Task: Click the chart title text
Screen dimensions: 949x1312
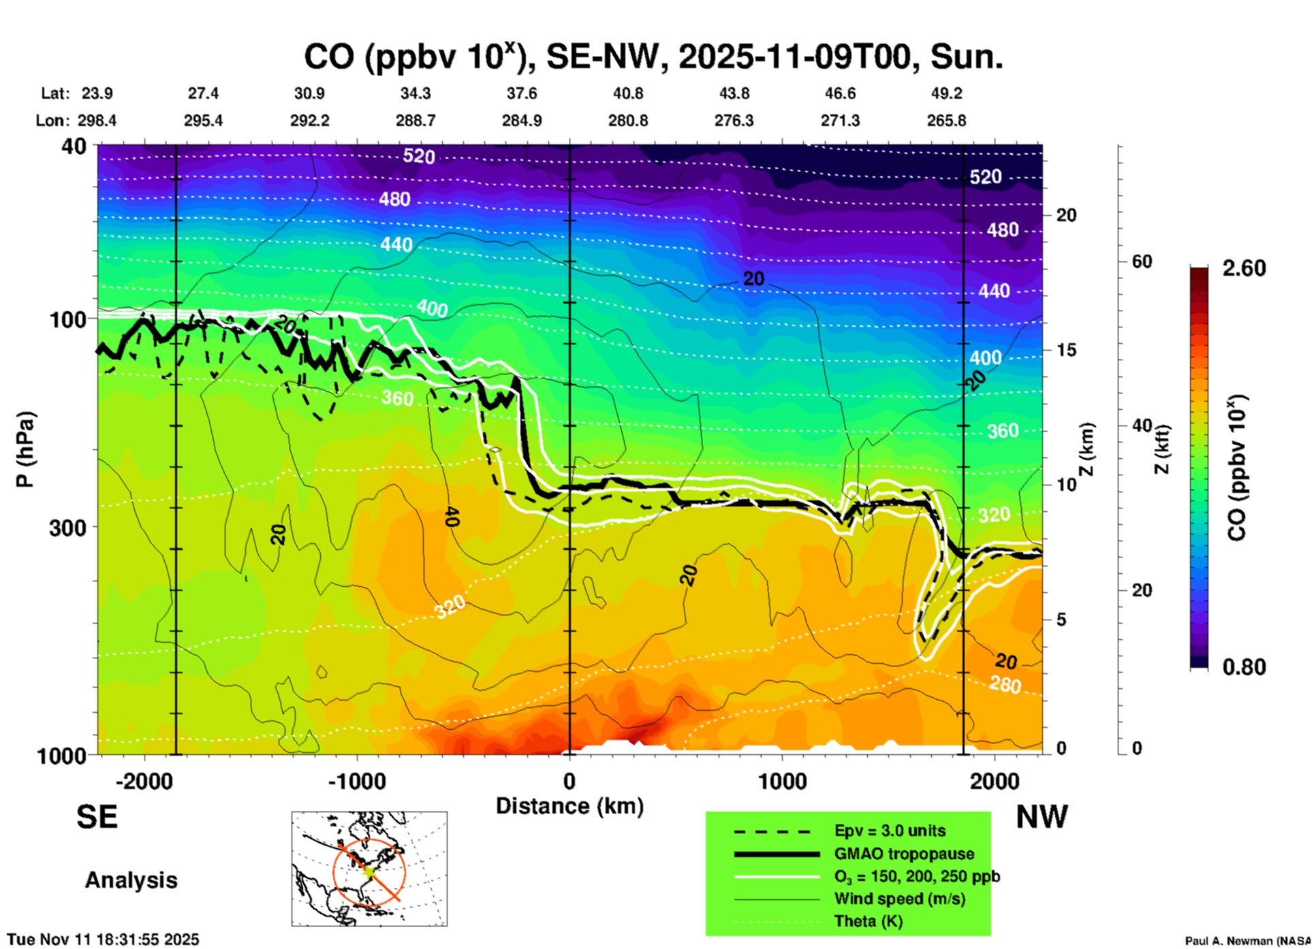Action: click(653, 57)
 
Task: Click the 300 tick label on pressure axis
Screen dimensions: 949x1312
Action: click(68, 528)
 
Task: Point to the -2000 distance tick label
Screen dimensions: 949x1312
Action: click(144, 781)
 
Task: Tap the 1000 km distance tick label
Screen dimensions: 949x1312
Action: click(782, 781)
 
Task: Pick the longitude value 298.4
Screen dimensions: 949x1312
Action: click(97, 120)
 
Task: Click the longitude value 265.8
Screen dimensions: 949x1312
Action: click(946, 120)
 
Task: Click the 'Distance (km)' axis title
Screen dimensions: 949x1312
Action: click(569, 806)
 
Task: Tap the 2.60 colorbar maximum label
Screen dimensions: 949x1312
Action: click(1244, 268)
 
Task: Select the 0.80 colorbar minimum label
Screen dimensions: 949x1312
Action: click(1244, 667)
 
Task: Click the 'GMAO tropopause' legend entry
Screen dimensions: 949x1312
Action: click(904, 854)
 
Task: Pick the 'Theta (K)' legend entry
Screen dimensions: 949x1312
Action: click(868, 921)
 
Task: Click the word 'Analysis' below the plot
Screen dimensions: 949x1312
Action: click(131, 880)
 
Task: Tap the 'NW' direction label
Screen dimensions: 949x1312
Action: click(1042, 817)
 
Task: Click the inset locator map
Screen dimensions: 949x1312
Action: click(369, 868)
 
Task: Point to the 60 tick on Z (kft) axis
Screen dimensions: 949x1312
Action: click(1142, 262)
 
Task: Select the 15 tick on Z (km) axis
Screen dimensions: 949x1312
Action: click(1065, 350)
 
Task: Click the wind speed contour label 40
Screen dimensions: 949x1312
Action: click(451, 517)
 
